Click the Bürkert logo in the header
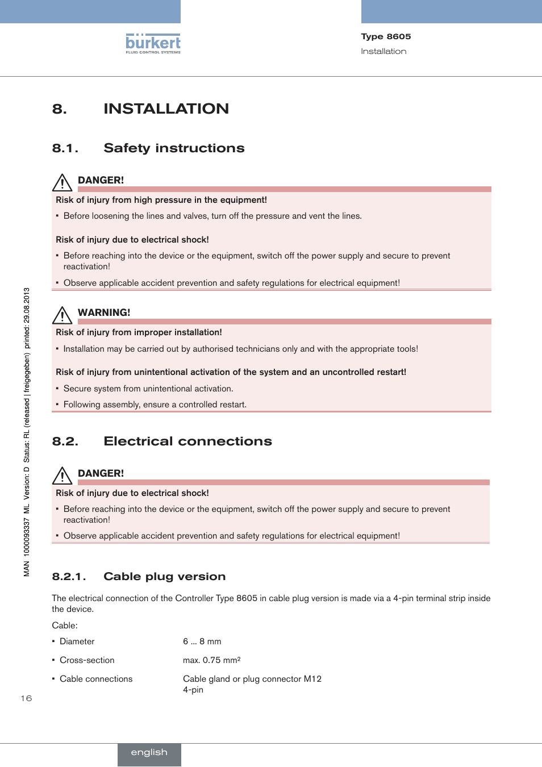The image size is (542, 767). pyautogui.click(x=153, y=44)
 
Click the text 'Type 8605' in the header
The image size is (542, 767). pyautogui.click(x=386, y=36)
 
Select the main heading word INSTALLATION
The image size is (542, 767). pyautogui.click(x=166, y=109)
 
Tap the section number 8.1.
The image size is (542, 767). pyautogui.click(x=65, y=148)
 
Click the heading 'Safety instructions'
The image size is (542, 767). pyautogui.click(x=174, y=148)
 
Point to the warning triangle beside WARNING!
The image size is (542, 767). pyautogui.click(x=62, y=315)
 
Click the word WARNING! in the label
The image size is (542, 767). pyautogui.click(x=104, y=312)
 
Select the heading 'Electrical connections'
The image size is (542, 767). pyautogui.click(x=187, y=441)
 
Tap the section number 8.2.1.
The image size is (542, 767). pyautogui.click(x=69, y=577)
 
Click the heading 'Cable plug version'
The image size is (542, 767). pyautogui.click(x=164, y=577)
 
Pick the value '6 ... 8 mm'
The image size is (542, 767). pyautogui.click(x=202, y=641)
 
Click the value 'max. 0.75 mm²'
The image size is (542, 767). pyautogui.click(x=211, y=660)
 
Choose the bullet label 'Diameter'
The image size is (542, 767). pyautogui.click(x=77, y=641)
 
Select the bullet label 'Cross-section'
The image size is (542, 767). pyautogui.click(x=87, y=660)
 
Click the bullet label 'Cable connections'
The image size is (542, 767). pyautogui.click(x=96, y=679)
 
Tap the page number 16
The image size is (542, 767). pyautogui.click(x=26, y=698)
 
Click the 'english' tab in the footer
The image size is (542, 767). pyautogui.click(x=149, y=753)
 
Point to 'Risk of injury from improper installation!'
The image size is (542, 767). pyautogui.click(x=139, y=332)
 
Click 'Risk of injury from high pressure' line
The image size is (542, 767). pyautogui.click(x=161, y=200)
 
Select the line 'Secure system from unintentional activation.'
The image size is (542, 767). pyautogui.click(x=148, y=389)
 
